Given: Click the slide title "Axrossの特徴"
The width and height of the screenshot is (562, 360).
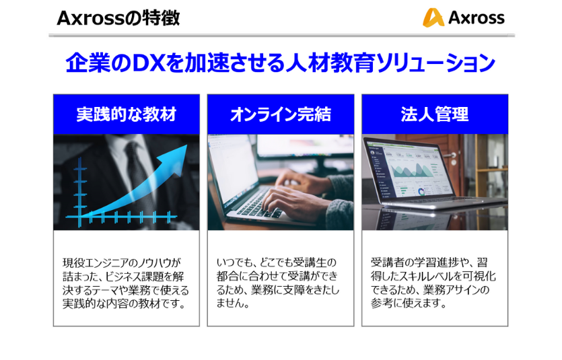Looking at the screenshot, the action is (118, 18).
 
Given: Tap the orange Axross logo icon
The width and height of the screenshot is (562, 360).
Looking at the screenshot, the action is (433, 17).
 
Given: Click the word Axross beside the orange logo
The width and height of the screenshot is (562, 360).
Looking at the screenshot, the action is (477, 18).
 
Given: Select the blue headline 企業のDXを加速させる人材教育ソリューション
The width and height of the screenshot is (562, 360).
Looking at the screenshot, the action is (280, 63).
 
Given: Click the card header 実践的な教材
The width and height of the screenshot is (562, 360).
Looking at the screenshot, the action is (127, 114).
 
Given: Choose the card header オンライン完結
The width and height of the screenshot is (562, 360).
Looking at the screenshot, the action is (281, 114).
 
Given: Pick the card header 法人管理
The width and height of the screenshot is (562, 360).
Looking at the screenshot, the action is (435, 114).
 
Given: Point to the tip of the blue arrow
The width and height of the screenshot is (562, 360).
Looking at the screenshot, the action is (187, 145).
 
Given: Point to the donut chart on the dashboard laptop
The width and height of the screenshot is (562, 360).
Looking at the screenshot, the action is (421, 192).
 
